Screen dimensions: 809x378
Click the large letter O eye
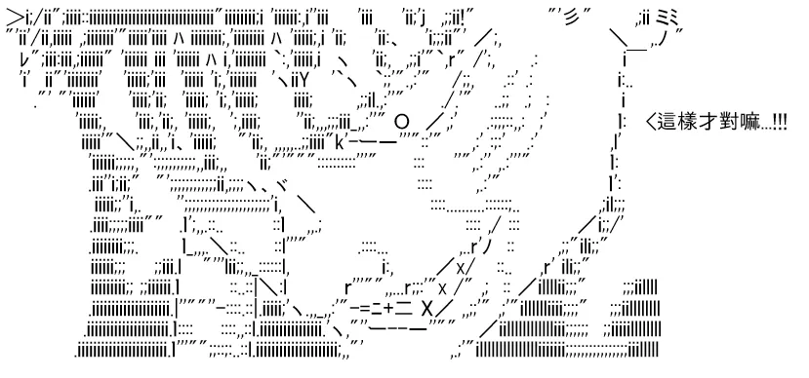coord(402,123)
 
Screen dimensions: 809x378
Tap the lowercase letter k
coord(340,141)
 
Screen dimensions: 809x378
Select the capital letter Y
coord(303,82)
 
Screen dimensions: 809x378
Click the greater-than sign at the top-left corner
coord(15,19)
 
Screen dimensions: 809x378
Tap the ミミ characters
coord(669,19)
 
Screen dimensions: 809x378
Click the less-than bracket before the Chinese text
coord(651,123)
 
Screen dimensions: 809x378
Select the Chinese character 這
coord(667,123)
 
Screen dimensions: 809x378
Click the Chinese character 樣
coord(684,123)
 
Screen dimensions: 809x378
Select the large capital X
coord(426,309)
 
